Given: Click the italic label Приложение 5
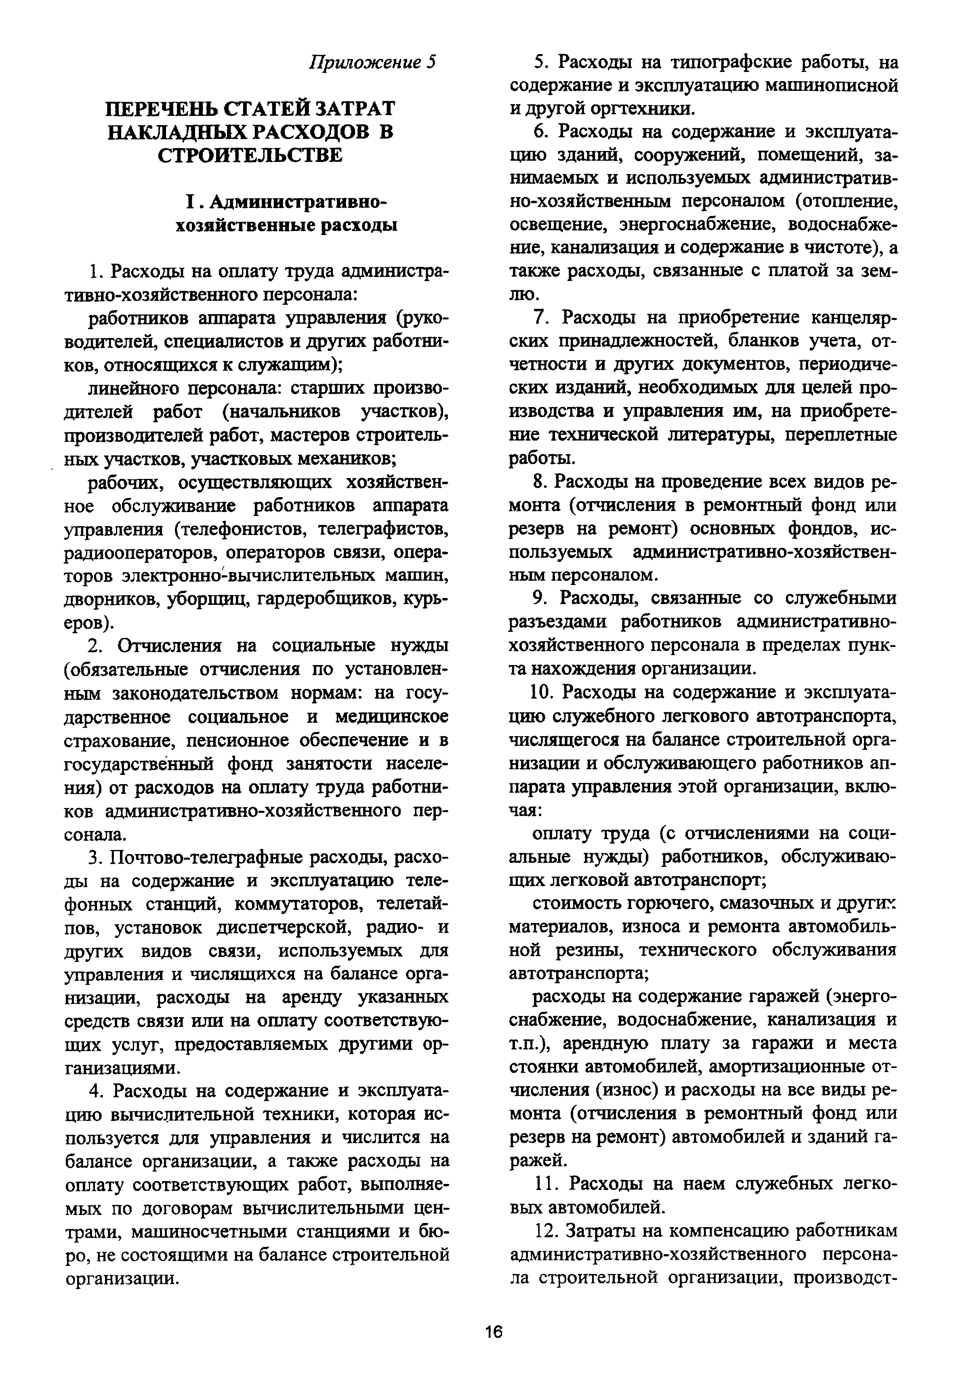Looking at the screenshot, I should tap(373, 62).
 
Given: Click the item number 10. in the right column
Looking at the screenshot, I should tap(543, 692).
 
